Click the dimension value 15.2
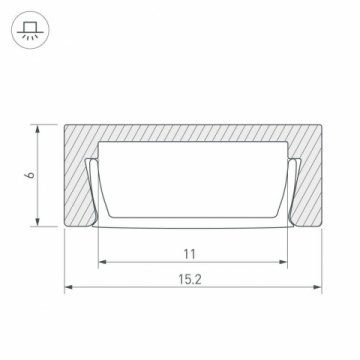click(x=190, y=279)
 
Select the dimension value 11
click(x=190, y=255)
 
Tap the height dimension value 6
click(x=31, y=175)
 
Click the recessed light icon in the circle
click(x=30, y=30)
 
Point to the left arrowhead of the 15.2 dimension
click(x=68, y=287)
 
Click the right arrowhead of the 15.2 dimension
click(x=318, y=287)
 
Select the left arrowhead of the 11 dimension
click(x=103, y=262)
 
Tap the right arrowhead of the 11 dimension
click(x=283, y=262)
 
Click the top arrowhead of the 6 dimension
click(x=38, y=129)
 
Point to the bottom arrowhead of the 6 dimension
click(x=38, y=222)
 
